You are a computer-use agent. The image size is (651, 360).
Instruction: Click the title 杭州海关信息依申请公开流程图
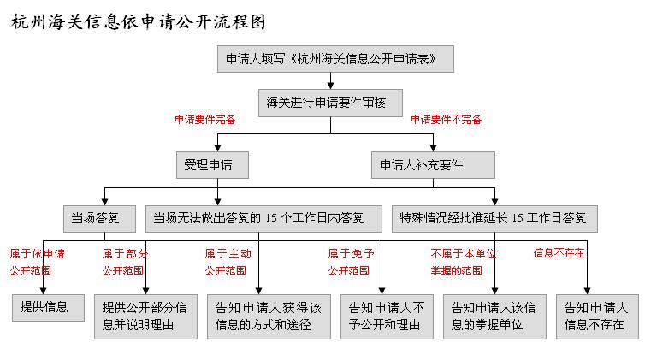[139, 22]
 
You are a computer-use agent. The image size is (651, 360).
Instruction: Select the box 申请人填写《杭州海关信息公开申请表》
[335, 59]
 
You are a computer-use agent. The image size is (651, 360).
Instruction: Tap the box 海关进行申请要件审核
[330, 103]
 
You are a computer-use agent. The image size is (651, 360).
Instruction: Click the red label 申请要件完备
[205, 120]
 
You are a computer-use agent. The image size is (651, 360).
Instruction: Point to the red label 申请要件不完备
[446, 120]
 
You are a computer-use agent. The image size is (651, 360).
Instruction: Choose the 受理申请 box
[212, 165]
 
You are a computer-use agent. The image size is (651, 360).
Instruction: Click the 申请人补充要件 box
[433, 165]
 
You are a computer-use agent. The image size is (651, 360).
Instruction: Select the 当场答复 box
[99, 218]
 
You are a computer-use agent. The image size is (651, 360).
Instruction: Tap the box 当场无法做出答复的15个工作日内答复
[263, 218]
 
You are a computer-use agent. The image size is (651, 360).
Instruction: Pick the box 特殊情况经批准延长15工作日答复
[495, 218]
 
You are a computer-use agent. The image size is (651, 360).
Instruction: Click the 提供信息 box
[48, 307]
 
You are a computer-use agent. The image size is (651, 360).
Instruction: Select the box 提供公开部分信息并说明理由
[145, 316]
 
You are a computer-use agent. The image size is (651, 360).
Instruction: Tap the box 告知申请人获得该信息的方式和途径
[269, 316]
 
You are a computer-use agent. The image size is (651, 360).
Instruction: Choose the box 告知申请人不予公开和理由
[387, 316]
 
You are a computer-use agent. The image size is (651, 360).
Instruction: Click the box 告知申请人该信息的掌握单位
[495, 316]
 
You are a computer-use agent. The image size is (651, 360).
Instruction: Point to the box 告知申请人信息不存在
[597, 316]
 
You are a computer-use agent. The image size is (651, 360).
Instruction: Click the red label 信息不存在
[559, 253]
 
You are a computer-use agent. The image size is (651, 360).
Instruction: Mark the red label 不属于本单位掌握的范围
[464, 262]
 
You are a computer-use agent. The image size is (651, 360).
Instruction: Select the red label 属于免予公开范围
[352, 262]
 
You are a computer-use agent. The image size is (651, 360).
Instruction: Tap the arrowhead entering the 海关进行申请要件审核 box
[330, 86]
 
